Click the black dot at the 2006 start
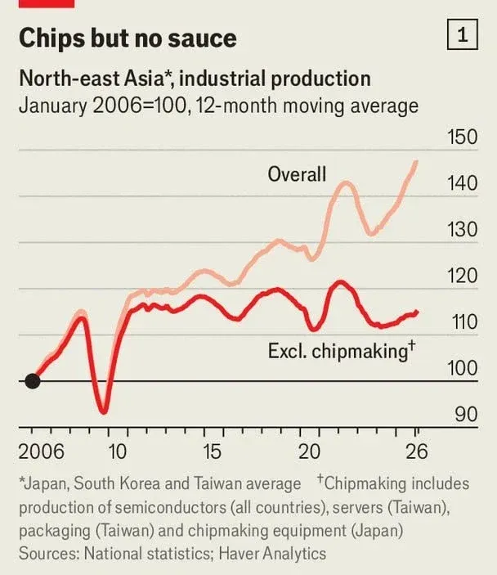[x=32, y=381]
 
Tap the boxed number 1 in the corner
[x=463, y=34]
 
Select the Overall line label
[x=297, y=174]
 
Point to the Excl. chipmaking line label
[x=342, y=351]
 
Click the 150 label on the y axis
[x=462, y=137]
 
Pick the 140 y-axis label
[x=462, y=183]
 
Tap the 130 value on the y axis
[x=462, y=230]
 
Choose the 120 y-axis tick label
[x=462, y=276]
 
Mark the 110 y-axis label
[x=464, y=322]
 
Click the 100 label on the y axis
[x=462, y=368]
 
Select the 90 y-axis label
[x=466, y=415]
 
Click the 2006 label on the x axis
[x=41, y=451]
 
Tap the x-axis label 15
[x=212, y=451]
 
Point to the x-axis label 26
[x=416, y=451]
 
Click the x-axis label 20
[x=309, y=451]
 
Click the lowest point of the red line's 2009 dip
[x=104, y=412]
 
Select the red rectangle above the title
[x=47, y=3]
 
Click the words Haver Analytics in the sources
[x=272, y=554]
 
